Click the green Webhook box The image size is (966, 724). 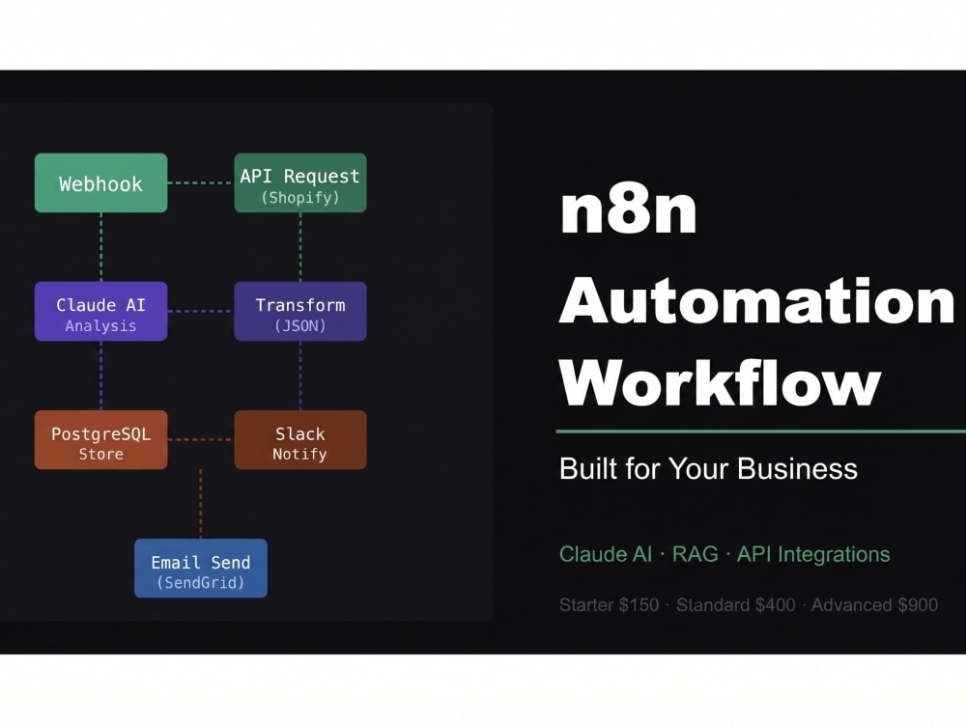[x=101, y=182]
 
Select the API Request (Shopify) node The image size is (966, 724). [x=300, y=182]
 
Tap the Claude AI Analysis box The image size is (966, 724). [x=101, y=312]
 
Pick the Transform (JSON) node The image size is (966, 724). [x=300, y=312]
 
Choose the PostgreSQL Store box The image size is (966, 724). [x=101, y=439]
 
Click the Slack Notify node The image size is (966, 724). [x=300, y=439]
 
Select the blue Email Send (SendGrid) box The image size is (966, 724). [x=201, y=569]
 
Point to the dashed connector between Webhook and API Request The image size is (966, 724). [x=201, y=182]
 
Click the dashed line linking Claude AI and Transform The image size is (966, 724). [x=201, y=312]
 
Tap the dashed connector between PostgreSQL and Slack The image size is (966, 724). [x=201, y=439]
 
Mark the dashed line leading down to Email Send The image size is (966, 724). [x=201, y=504]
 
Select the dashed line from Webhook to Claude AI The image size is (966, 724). [x=101, y=247]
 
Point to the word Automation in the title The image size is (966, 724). [x=756, y=300]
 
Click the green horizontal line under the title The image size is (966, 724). [x=761, y=432]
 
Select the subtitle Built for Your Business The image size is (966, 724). [x=708, y=468]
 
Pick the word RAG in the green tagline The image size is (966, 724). [x=695, y=554]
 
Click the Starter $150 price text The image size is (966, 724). [x=609, y=605]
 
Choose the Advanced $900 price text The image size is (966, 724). [x=874, y=605]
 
